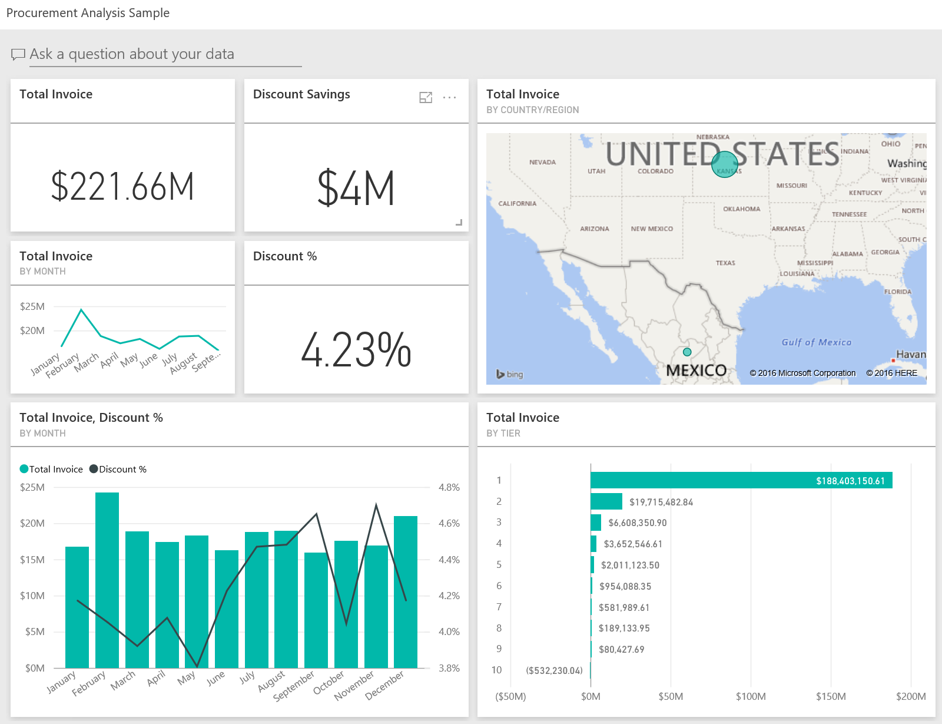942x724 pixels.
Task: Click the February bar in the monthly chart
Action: pos(107,580)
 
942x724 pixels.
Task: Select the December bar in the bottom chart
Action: pos(405,592)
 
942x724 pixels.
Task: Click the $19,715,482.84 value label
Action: pos(661,502)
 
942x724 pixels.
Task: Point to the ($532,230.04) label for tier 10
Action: pos(554,670)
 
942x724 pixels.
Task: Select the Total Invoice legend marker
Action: pos(24,469)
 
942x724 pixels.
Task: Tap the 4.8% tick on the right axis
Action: pos(449,487)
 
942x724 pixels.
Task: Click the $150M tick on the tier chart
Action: pos(830,696)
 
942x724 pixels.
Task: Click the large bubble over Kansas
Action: pos(724,164)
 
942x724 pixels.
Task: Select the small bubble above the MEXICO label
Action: pos(687,352)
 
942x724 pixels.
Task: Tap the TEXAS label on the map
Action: pos(725,263)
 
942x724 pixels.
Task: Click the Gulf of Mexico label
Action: pos(816,342)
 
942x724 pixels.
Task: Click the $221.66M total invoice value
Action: pos(122,187)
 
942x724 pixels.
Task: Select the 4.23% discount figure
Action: pos(356,351)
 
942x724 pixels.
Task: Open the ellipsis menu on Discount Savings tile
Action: pos(449,97)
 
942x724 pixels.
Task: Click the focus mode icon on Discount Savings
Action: pos(426,97)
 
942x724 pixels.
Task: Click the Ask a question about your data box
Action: pos(165,54)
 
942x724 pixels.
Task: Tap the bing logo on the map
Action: pos(509,374)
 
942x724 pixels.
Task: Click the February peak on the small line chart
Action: pos(81,309)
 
